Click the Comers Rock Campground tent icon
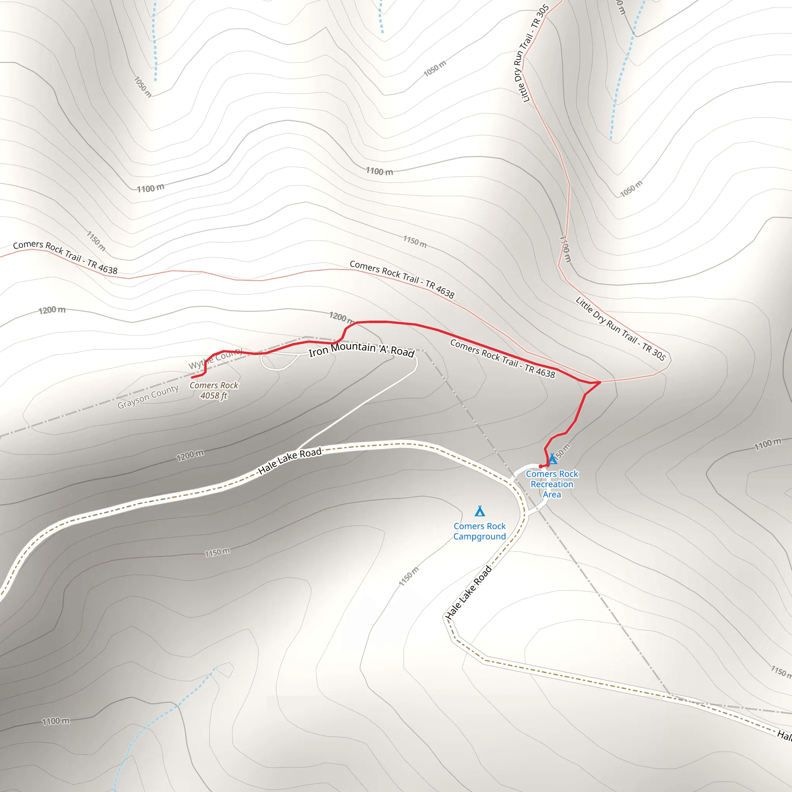point(480,511)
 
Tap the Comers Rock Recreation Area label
point(552,484)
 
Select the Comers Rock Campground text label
point(480,531)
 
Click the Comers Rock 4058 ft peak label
point(213,390)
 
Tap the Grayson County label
point(148,397)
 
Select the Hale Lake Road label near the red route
point(290,461)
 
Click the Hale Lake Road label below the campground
point(469,592)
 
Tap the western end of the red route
point(192,377)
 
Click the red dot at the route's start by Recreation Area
point(541,466)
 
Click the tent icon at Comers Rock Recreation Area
point(553,459)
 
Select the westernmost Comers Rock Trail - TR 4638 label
point(65,257)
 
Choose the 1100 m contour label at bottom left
point(56,721)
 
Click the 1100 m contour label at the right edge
point(768,444)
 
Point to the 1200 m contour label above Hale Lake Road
point(190,456)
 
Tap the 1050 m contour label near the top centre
point(435,68)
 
